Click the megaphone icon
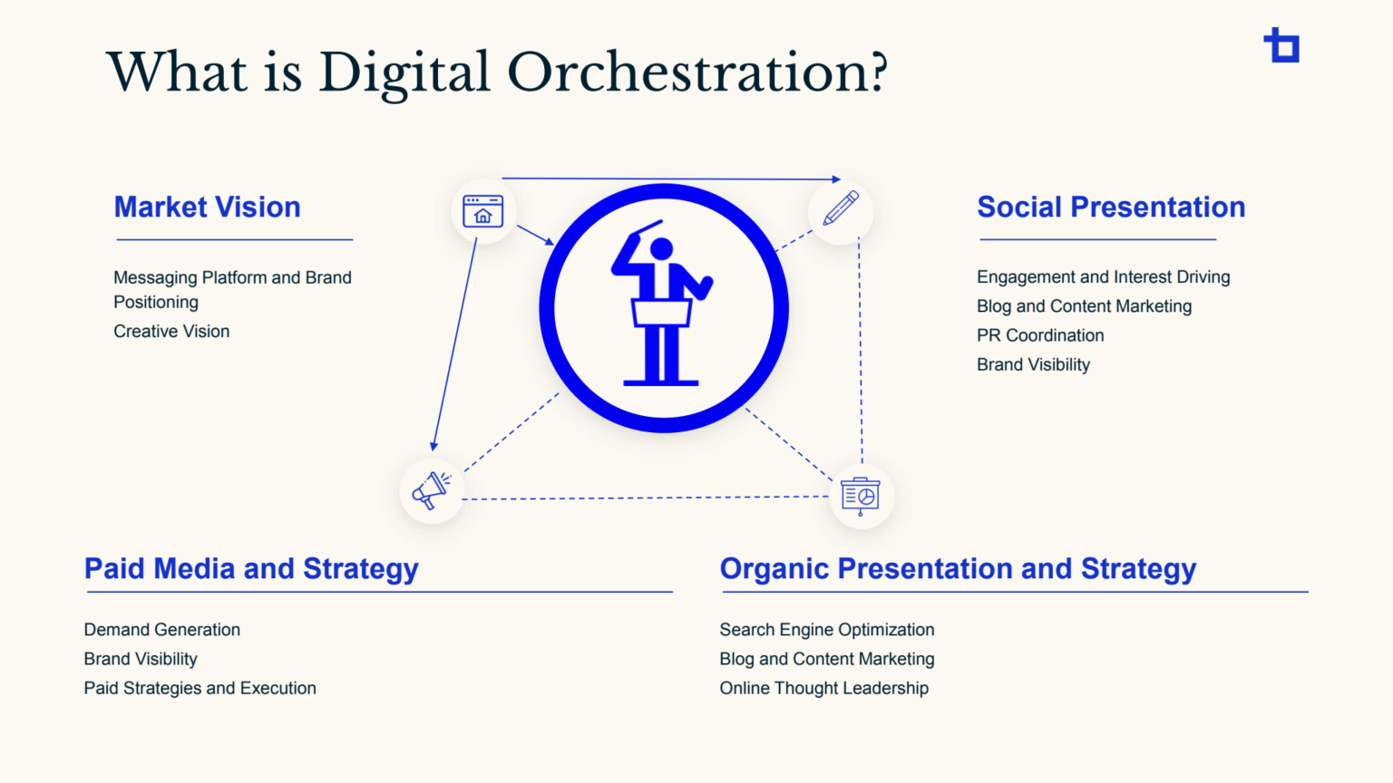[431, 490]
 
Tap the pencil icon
[841, 208]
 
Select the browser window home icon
[482, 211]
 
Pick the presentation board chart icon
[861, 496]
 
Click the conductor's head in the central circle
[661, 248]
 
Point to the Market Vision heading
[207, 207]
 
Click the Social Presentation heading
[1111, 207]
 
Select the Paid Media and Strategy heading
[251, 568]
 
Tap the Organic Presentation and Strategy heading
[958, 568]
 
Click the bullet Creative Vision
[171, 331]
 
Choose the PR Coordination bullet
[1040, 335]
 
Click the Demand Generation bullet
[161, 630]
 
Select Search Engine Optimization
[827, 630]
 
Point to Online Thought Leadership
[824, 688]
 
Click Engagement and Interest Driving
[1103, 277]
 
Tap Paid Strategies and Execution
[200, 688]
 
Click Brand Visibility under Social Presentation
[1033, 365]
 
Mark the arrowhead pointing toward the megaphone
[433, 446]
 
